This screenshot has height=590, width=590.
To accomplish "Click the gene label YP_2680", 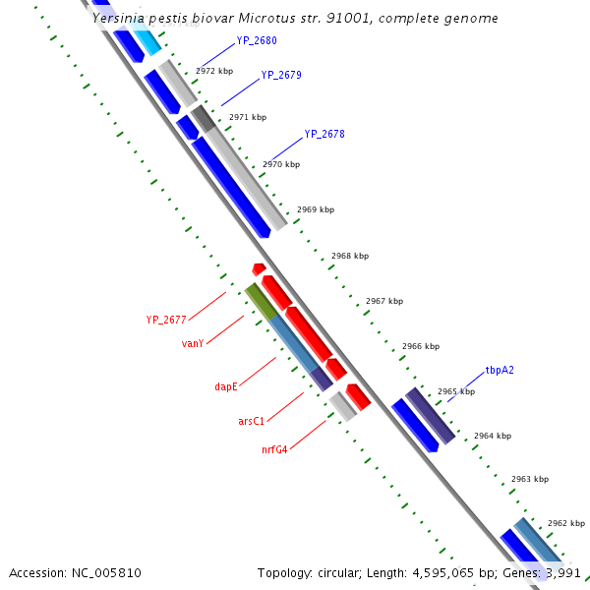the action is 256,41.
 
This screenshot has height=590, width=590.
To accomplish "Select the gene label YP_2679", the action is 280,75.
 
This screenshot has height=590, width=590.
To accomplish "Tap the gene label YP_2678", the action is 324,134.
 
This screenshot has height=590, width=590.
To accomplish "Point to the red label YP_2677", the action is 166,320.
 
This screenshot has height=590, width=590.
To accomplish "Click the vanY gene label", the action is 193,343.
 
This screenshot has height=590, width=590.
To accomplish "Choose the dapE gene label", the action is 226,387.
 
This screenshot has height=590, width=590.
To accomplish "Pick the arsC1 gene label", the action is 251,421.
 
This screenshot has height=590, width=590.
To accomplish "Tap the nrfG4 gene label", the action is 274,450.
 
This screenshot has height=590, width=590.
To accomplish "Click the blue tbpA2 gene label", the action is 500,371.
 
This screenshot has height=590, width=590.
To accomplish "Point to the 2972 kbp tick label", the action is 213,72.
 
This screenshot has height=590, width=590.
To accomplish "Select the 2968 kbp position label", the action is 350,256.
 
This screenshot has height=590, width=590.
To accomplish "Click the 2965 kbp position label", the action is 456,391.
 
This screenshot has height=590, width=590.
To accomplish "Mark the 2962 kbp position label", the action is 566,523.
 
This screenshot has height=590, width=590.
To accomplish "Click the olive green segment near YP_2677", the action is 260,300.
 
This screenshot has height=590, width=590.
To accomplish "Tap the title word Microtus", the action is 268,19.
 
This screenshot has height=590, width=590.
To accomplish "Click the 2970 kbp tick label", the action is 281,164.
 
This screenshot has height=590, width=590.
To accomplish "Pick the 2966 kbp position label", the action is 421,346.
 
